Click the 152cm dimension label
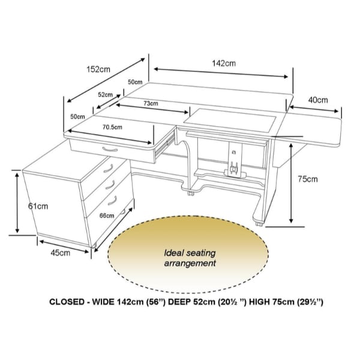pyautogui.click(x=98, y=69)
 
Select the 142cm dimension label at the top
pyautogui.click(x=223, y=62)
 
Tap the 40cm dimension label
pyautogui.click(x=317, y=99)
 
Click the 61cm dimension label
pyautogui.click(x=38, y=206)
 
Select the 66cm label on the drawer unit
pyautogui.click(x=106, y=215)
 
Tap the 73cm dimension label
pyautogui.click(x=150, y=103)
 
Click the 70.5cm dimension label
pyautogui.click(x=112, y=127)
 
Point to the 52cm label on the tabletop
pyautogui.click(x=105, y=94)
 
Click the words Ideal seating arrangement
pyautogui.click(x=190, y=258)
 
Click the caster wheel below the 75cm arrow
pyautogui.click(x=259, y=224)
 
